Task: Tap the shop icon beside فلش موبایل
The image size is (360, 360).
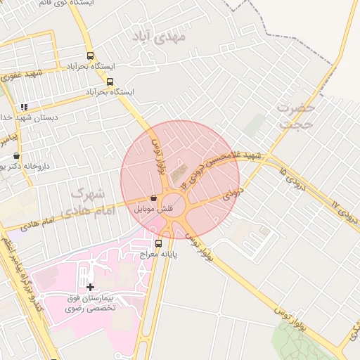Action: (154, 199)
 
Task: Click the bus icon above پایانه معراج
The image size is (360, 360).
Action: (158, 243)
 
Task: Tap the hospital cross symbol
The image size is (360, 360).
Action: (90, 287)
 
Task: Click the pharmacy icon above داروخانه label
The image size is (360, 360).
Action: (16, 156)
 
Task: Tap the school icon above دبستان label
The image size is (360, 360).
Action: (25, 108)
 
